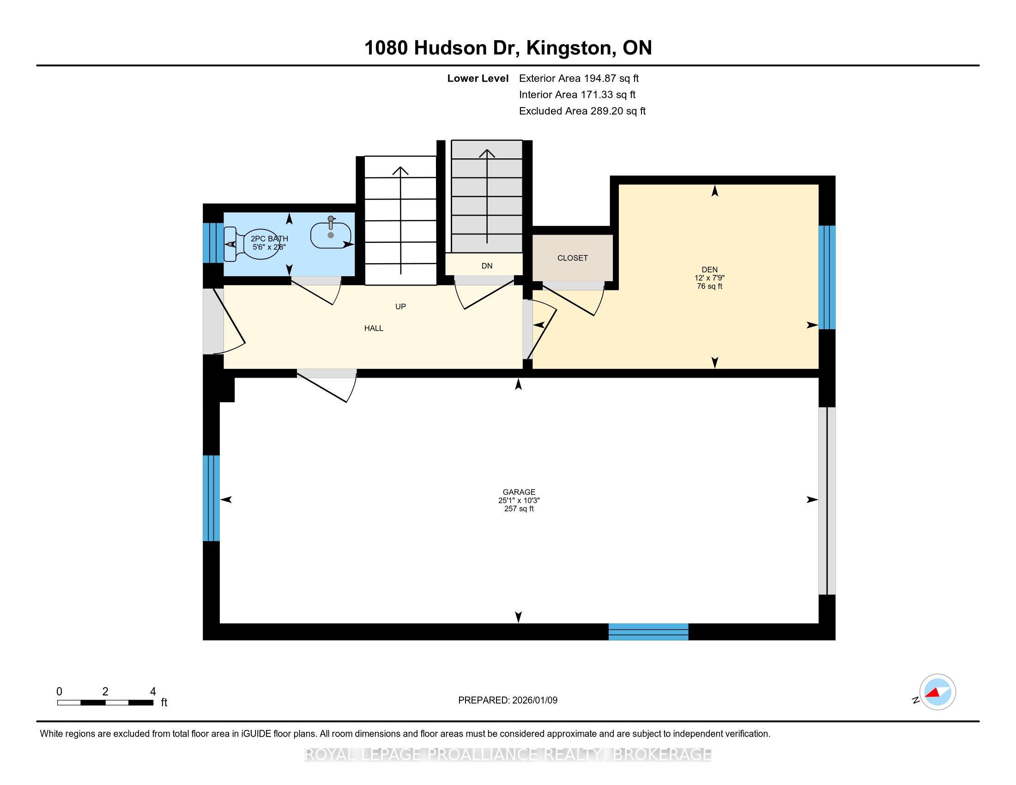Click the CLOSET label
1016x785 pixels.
click(x=572, y=258)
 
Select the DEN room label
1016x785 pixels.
click(x=709, y=270)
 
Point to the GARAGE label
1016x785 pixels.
click(x=519, y=492)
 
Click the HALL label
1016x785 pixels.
click(x=374, y=328)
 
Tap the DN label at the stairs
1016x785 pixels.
click(x=487, y=266)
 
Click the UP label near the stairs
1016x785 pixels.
click(x=400, y=307)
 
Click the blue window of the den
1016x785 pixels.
click(x=827, y=278)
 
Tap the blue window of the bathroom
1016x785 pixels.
click(x=213, y=243)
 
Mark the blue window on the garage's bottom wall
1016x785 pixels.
click(x=648, y=632)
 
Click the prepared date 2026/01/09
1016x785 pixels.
click(x=534, y=700)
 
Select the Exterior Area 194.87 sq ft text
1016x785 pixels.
click(x=579, y=78)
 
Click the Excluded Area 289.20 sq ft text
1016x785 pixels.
click(x=582, y=111)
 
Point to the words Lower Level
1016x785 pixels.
click(x=478, y=78)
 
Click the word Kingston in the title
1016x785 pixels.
click(x=568, y=48)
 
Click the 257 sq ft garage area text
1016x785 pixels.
click(x=519, y=509)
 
